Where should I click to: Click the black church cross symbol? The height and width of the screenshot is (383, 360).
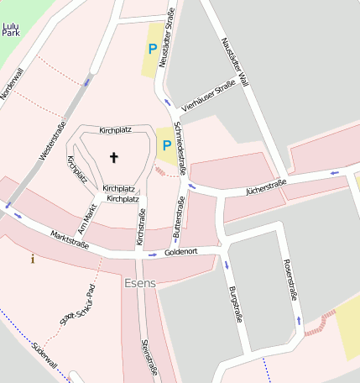click(x=114, y=157)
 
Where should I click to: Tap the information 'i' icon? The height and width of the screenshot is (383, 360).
click(x=33, y=259)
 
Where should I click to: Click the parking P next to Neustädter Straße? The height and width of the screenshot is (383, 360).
click(x=152, y=50)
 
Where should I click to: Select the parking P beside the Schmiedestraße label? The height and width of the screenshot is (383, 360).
click(x=167, y=145)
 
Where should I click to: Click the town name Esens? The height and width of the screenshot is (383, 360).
click(x=139, y=284)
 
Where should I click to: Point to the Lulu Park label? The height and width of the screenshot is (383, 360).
click(x=11, y=32)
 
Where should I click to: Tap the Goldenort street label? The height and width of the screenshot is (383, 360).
click(x=180, y=252)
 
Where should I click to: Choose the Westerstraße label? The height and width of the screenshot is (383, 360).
click(x=53, y=143)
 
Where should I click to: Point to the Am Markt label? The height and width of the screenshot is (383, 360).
click(x=86, y=219)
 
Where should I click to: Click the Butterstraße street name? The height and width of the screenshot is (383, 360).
click(x=177, y=215)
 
